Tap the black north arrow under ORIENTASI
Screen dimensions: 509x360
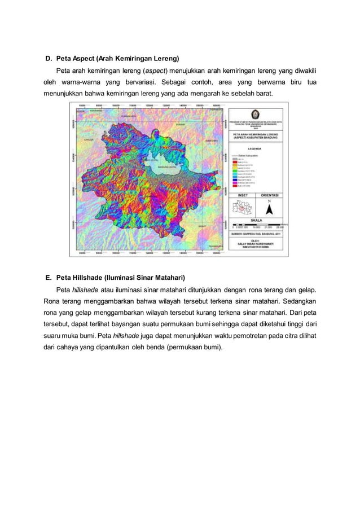[270, 209]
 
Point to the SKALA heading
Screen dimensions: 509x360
[257, 221]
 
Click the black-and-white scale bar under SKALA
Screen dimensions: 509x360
[257, 226]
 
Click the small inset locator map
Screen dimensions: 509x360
[242, 208]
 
